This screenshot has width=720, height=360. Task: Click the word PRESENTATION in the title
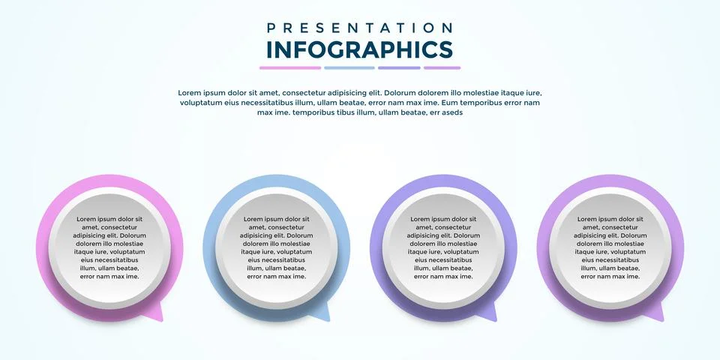click(360, 28)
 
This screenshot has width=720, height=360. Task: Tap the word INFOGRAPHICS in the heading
click(360, 49)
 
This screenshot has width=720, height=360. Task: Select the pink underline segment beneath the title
click(290, 68)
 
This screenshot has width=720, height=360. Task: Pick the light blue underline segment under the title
click(349, 68)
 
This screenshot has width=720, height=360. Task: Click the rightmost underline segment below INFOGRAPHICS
click(442, 68)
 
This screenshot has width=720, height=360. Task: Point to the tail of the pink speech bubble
click(157, 315)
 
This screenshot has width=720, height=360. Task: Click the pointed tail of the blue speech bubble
click(323, 315)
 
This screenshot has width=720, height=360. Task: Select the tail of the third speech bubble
click(490, 315)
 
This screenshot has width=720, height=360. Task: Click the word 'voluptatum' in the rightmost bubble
click(622, 253)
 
